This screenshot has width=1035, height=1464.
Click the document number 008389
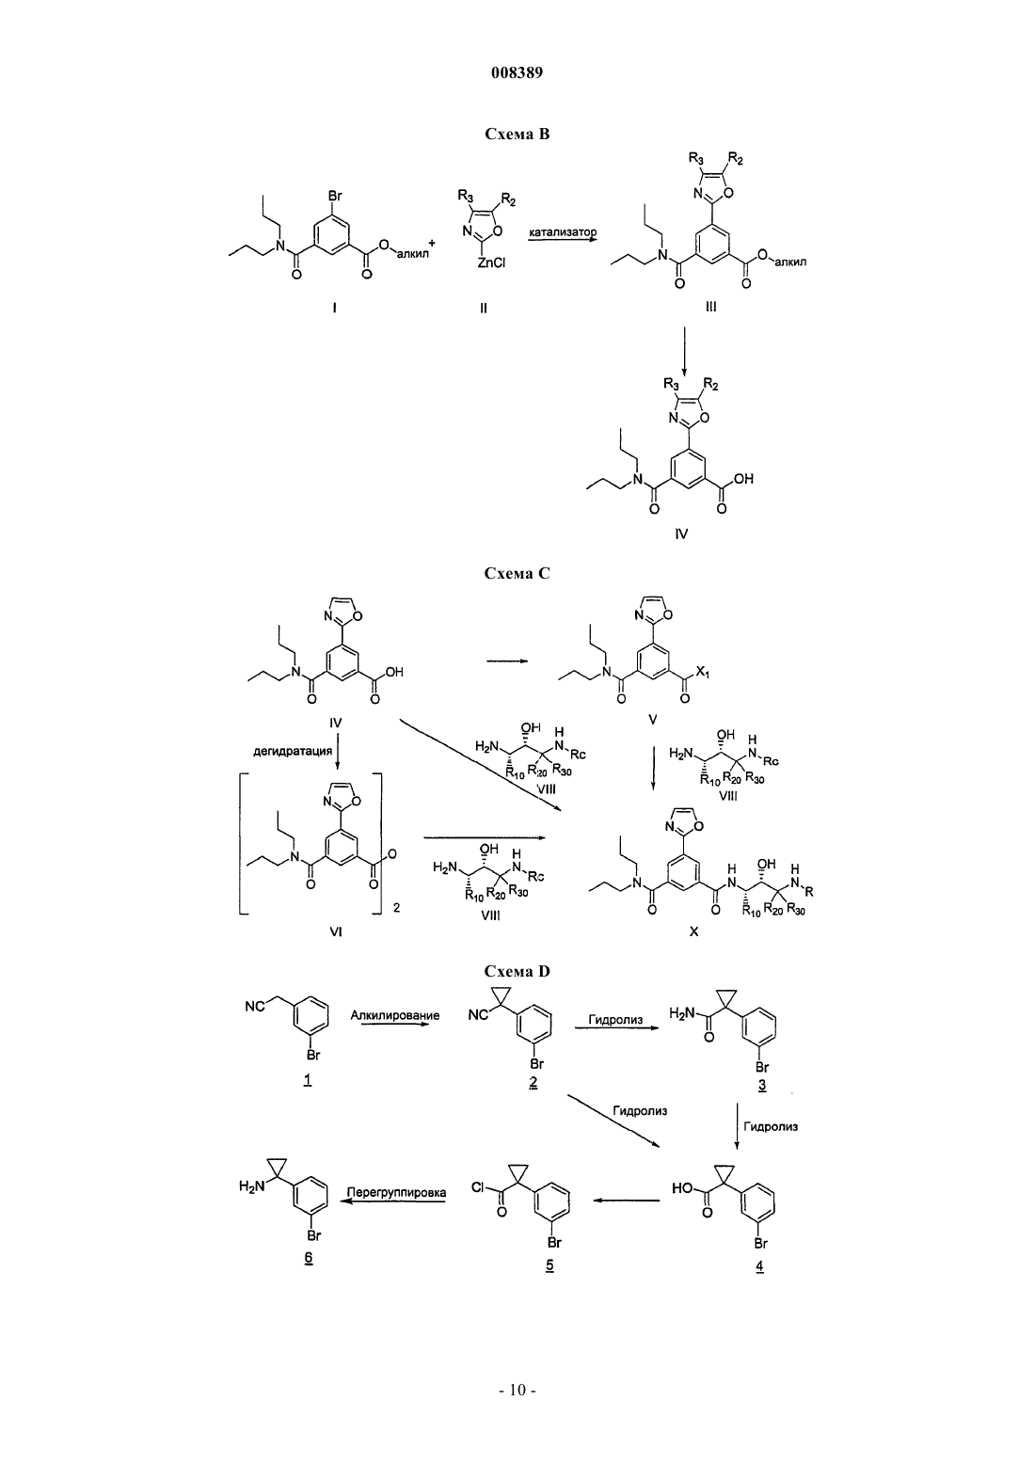(517, 72)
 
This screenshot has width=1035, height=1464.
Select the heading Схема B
(517, 134)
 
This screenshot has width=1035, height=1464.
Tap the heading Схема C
(517, 573)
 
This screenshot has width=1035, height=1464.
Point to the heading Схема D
(517, 971)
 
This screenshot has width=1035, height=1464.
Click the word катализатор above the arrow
(563, 231)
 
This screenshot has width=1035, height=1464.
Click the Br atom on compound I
(335, 196)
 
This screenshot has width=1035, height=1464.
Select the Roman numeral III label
(711, 306)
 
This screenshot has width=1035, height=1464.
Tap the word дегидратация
(293, 751)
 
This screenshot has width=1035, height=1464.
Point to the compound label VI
(335, 932)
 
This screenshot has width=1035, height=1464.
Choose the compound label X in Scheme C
(693, 932)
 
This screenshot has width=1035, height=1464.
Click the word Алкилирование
(394, 1015)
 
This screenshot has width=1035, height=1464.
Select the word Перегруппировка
(396, 1193)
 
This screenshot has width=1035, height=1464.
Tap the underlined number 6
(309, 1258)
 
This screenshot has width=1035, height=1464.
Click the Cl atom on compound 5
(478, 1185)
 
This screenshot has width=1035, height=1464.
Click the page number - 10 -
(517, 1391)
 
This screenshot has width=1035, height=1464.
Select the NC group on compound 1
(255, 1007)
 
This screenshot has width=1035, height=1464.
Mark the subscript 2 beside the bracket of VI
(396, 908)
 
